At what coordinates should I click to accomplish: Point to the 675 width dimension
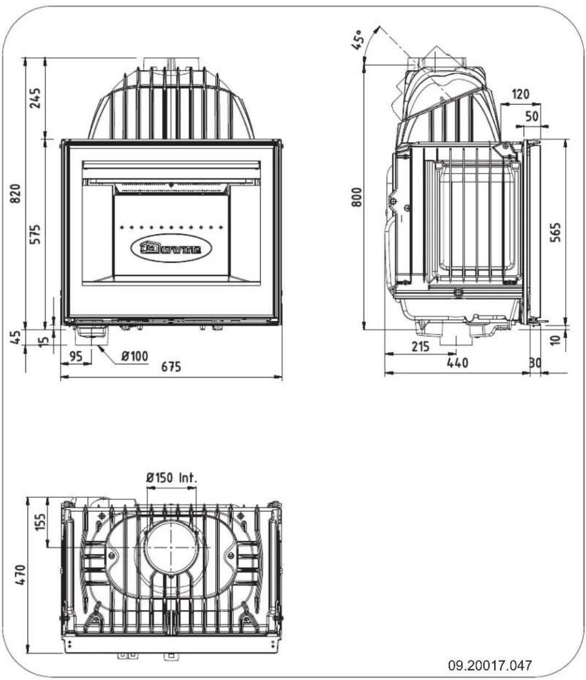171,368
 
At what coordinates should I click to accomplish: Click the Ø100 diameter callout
135,357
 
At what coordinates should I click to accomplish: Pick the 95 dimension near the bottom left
76,357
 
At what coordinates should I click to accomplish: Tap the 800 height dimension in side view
357,197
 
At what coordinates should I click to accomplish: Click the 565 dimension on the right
556,234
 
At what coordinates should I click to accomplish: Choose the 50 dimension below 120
532,117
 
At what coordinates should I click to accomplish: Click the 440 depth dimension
457,363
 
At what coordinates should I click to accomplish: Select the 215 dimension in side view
421,348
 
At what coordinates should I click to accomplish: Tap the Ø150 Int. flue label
171,478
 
